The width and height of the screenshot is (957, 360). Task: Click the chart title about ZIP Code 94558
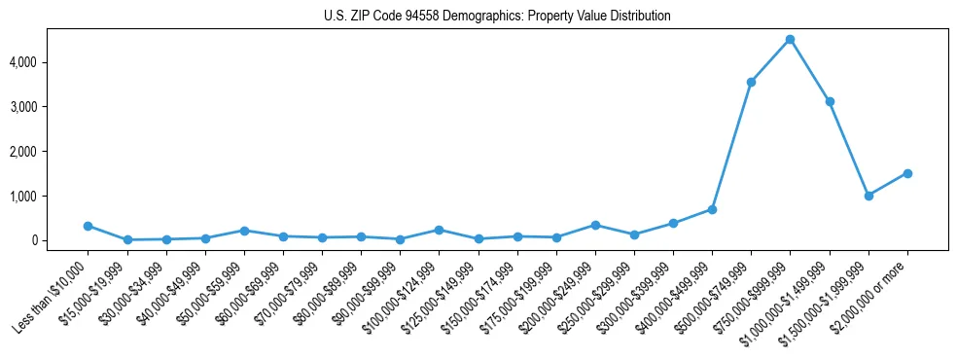pos(497,17)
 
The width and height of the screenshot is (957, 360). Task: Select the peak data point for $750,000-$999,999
pos(790,40)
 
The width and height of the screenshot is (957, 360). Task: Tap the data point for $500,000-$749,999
pos(751,83)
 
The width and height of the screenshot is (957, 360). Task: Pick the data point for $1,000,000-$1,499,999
pos(830,102)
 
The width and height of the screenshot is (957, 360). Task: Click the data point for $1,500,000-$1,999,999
pos(868,196)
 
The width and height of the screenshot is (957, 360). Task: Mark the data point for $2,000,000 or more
pos(907,173)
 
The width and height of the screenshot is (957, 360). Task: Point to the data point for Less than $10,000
pos(89,226)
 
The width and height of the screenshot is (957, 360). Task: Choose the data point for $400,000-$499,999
pos(712,209)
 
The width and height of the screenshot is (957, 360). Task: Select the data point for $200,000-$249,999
pos(595,225)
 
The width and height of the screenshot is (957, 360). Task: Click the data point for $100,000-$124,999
pos(439,230)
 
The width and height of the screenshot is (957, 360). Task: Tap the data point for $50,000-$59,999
pos(244,231)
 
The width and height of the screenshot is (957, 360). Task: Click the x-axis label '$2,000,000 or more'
pos(871,292)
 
